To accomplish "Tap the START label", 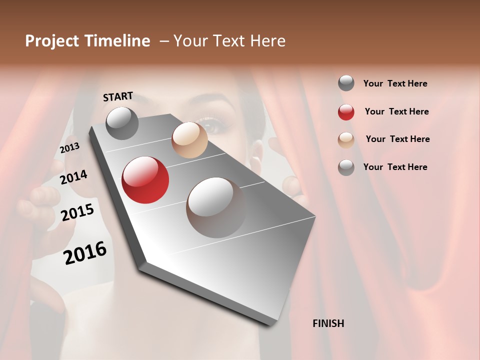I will click(118, 96).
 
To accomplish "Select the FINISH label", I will click(328, 323).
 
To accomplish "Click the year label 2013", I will click(69, 148).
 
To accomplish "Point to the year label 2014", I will click(73, 177).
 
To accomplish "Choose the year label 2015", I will click(77, 212).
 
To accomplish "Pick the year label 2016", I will click(85, 252).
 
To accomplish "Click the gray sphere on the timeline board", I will click(122, 123).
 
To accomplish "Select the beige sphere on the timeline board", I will click(189, 140).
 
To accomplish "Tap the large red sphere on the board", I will click(145, 180).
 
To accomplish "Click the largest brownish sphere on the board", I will click(216, 207).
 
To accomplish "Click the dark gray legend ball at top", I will click(346, 83).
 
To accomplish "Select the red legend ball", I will click(346, 112).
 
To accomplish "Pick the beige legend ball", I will click(346, 140).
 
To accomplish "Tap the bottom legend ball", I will click(346, 167).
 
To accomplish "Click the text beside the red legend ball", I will click(396, 111).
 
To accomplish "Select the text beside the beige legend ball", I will click(397, 139).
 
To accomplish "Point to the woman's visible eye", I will click(210, 125).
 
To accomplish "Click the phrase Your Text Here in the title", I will click(229, 41).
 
